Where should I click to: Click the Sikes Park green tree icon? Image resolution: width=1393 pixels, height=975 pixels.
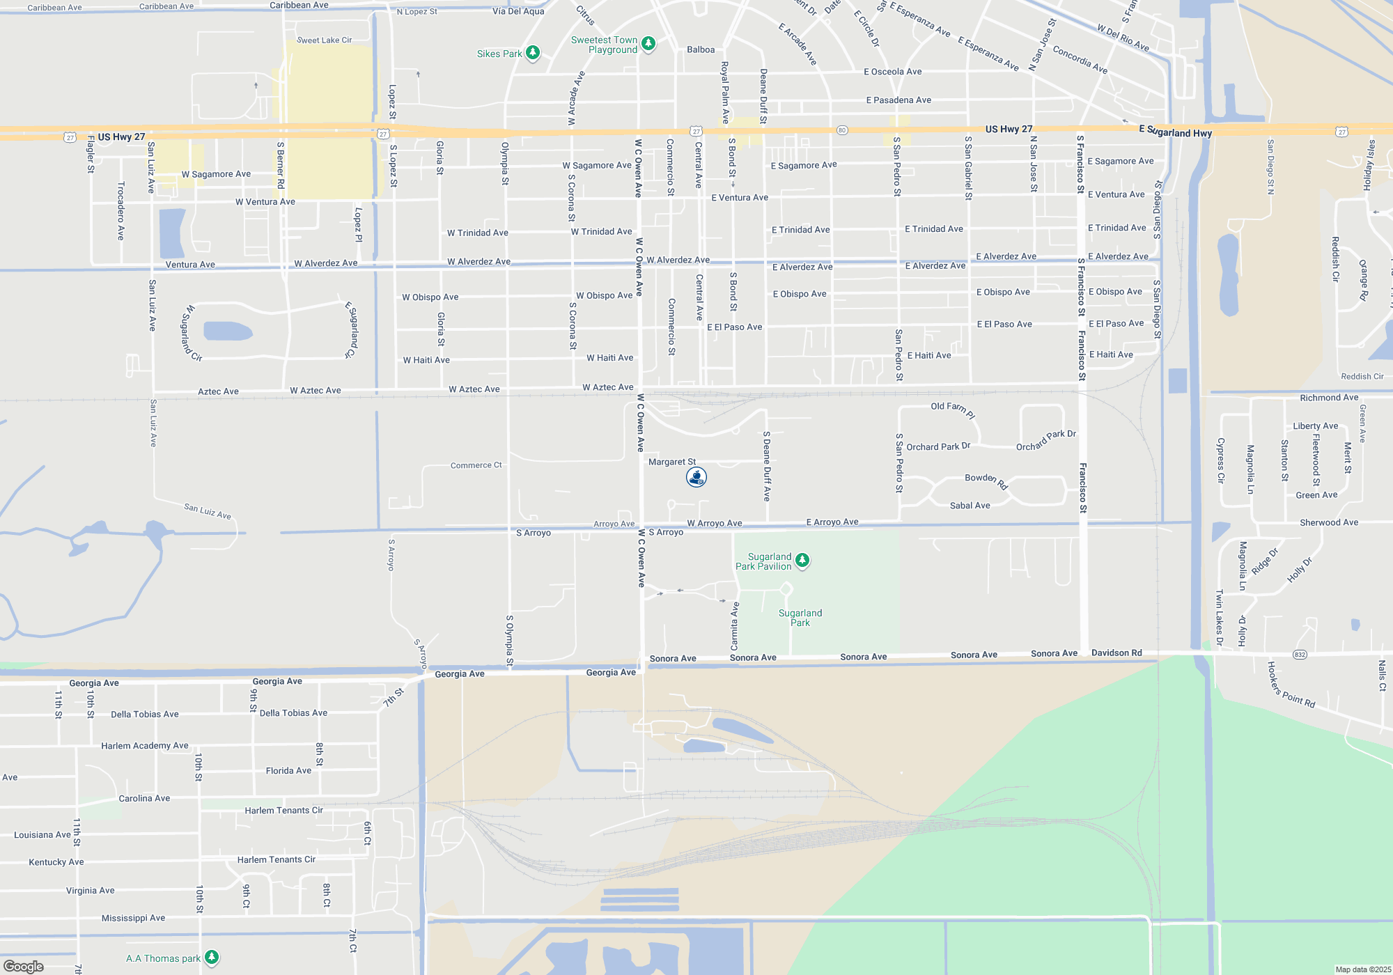click(x=533, y=53)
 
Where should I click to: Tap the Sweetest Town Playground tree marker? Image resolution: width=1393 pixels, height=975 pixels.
click(x=648, y=44)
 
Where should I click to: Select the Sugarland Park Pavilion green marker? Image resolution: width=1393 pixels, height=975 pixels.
click(x=802, y=561)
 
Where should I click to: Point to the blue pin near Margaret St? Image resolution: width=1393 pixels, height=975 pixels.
click(x=696, y=477)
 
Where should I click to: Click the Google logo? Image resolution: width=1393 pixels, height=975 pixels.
click(x=24, y=967)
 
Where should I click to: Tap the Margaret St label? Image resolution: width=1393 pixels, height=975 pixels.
click(x=671, y=462)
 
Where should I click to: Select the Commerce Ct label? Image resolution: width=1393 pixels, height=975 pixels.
click(x=476, y=465)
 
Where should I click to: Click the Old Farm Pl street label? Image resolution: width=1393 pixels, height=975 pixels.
click(x=953, y=409)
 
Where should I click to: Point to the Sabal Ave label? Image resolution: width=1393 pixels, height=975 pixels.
click(x=970, y=506)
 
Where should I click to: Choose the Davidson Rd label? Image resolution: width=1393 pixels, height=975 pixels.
click(x=1116, y=653)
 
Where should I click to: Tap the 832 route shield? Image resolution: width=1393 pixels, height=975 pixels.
click(x=1300, y=655)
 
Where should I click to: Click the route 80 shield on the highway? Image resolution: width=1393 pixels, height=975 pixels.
click(x=842, y=130)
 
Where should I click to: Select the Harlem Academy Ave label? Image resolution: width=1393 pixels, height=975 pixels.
click(x=144, y=746)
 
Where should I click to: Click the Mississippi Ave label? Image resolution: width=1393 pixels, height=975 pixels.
click(x=133, y=918)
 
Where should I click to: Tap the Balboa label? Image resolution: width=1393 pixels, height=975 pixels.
click(x=701, y=50)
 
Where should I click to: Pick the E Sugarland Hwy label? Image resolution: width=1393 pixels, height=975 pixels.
click(x=1175, y=132)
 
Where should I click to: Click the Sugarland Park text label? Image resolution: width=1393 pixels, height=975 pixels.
click(x=800, y=618)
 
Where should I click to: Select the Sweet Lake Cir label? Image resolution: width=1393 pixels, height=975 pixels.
click(x=324, y=40)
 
